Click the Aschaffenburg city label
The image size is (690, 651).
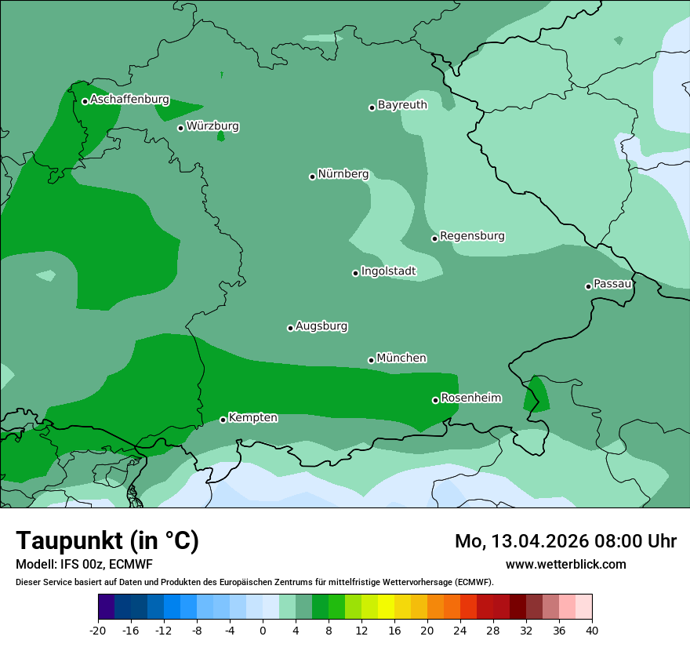(129, 100)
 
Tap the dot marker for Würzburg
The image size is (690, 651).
(180, 128)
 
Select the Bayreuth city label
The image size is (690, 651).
(402, 104)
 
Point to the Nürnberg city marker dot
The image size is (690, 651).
(312, 176)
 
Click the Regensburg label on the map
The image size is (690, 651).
(472, 236)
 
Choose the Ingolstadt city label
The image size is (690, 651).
(388, 271)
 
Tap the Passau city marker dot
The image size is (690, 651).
(588, 286)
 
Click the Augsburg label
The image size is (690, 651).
(321, 326)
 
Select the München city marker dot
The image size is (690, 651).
(371, 360)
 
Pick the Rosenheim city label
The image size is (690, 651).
(470, 398)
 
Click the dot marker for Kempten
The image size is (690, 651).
(223, 420)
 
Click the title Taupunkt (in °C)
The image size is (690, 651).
(107, 540)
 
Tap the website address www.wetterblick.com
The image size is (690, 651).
(565, 564)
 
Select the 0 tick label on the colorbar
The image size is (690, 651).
(263, 630)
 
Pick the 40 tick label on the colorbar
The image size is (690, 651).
(591, 630)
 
